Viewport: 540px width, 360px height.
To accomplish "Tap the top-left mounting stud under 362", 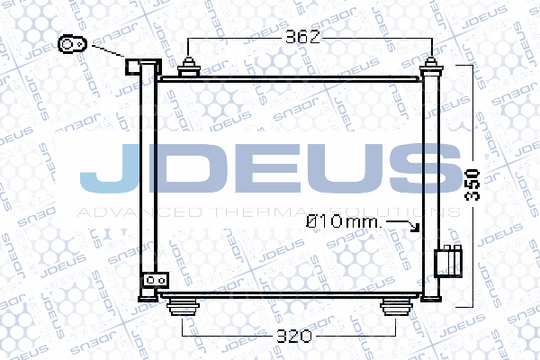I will (189, 69).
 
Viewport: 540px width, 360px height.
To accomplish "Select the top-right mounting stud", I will (433, 68).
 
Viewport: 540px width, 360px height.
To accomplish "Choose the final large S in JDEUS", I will (419, 170).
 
